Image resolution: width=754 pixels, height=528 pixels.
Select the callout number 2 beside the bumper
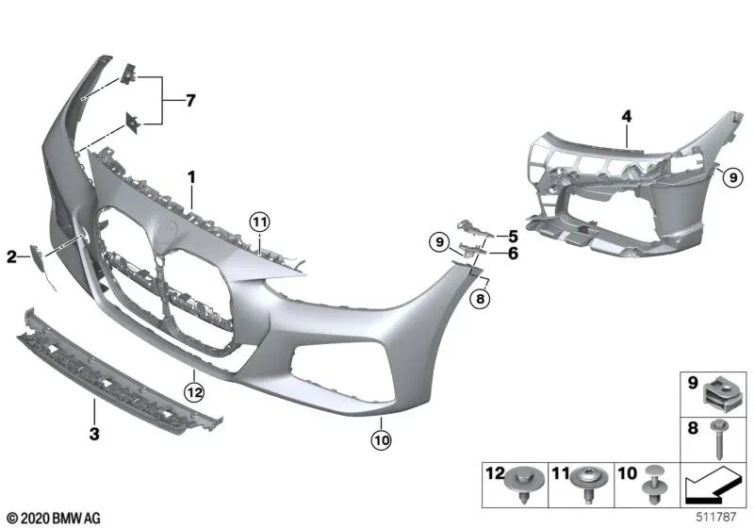tap(12, 256)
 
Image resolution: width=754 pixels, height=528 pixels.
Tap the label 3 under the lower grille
tap(93, 436)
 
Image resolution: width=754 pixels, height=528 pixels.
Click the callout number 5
tap(513, 235)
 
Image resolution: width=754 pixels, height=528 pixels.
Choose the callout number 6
tap(513, 253)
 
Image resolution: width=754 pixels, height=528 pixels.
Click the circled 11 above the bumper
tap(260, 223)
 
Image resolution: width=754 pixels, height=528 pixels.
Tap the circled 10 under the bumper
tap(381, 438)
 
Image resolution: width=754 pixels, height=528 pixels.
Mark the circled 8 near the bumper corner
tap(479, 299)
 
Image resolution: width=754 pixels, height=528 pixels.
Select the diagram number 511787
tap(722, 518)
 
